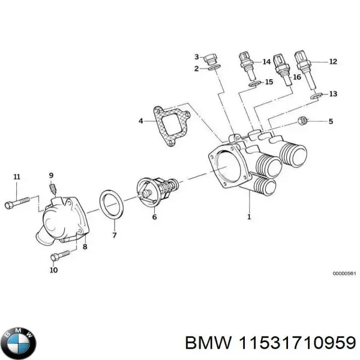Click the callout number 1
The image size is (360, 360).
[x=249, y=217]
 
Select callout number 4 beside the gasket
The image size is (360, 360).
[x=141, y=121]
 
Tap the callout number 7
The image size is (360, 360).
[x=115, y=236]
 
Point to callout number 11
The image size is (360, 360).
[x=17, y=176]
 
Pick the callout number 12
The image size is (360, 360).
[x=333, y=61]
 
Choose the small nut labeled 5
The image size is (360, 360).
[x=303, y=122]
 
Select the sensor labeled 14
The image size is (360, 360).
[x=246, y=64]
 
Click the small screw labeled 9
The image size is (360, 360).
[x=53, y=190]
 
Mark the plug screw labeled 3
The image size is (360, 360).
[x=210, y=59]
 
